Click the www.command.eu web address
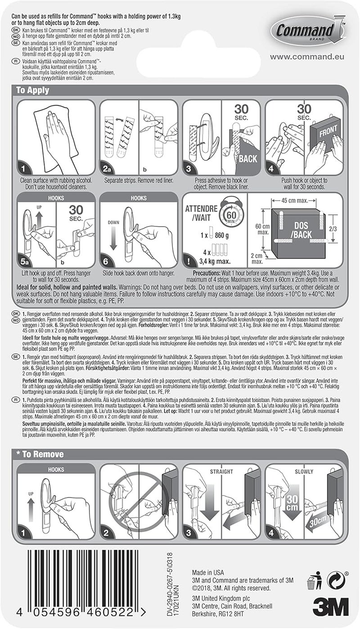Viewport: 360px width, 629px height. coord(308,57)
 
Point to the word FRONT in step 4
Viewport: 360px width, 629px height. coord(328,133)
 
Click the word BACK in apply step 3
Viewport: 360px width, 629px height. coord(247,158)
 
